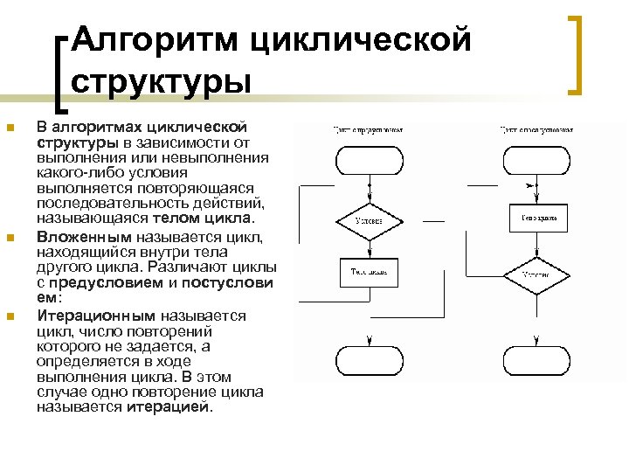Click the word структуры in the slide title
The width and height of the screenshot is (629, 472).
[161, 80]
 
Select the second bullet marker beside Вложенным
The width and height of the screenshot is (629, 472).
[10, 238]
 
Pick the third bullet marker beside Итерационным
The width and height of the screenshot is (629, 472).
[10, 316]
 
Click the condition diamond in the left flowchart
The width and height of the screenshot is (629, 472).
[370, 221]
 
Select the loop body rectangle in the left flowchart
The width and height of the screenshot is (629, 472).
[370, 272]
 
